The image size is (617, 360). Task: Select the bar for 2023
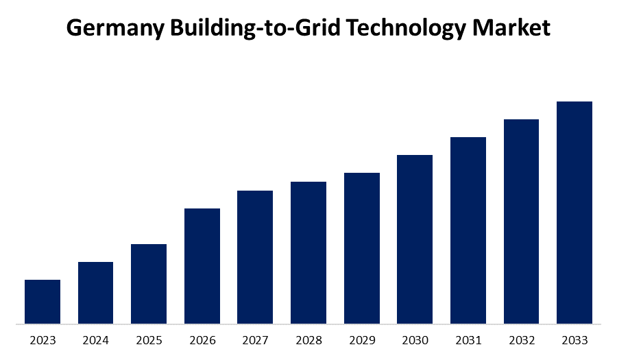43,302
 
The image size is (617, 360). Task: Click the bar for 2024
95,293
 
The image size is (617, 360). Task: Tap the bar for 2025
149,284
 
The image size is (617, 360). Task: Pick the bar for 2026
202,266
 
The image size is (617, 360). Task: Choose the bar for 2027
255,257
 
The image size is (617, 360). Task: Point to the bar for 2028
308,252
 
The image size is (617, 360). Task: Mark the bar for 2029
362,248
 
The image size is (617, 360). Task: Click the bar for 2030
415,239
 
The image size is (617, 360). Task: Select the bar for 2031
468,230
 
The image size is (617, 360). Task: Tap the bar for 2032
521,221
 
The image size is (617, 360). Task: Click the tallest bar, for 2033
574,213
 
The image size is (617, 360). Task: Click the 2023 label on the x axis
43,340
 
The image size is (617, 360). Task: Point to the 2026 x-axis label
202,340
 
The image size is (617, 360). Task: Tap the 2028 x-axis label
308,340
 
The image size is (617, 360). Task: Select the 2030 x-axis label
415,340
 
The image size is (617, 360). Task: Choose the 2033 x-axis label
574,340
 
